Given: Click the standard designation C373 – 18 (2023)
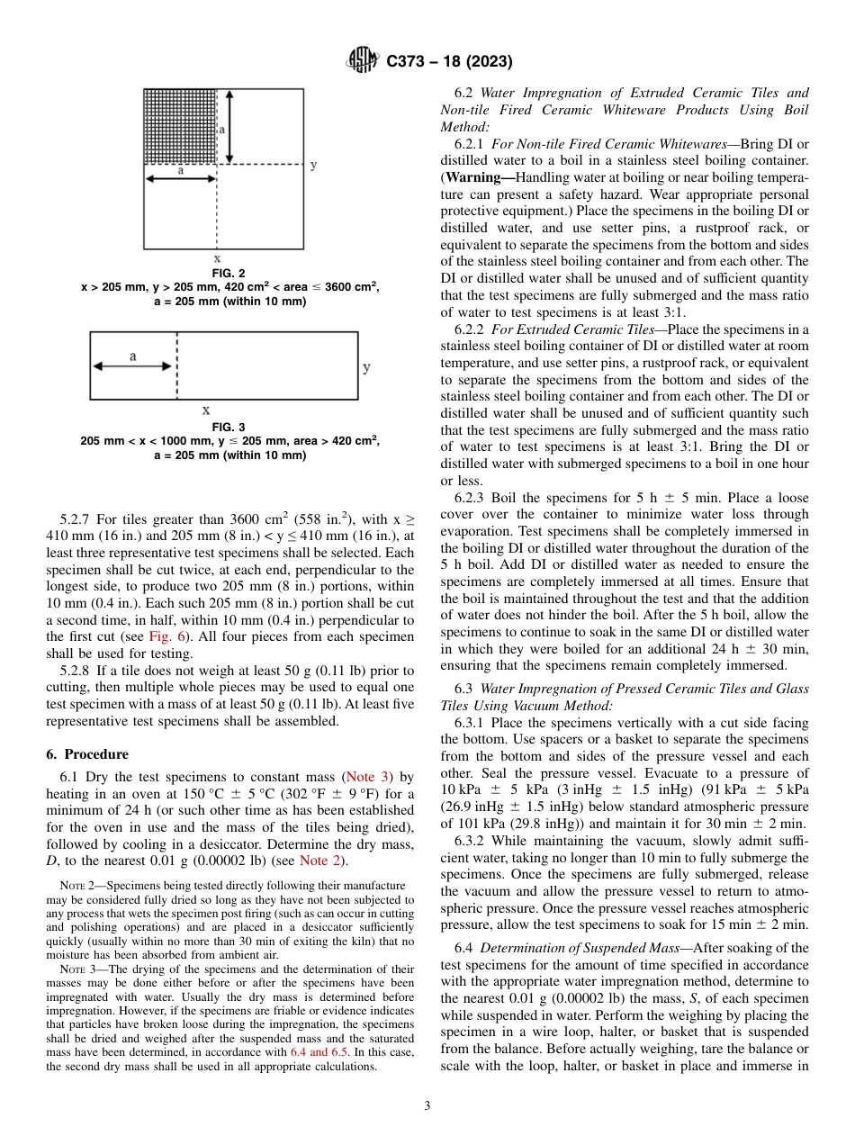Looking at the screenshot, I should (x=449, y=62).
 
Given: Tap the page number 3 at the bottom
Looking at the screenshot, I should (x=427, y=1106).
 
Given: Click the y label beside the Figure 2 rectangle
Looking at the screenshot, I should (x=313, y=165).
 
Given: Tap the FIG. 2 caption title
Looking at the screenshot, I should (x=229, y=273).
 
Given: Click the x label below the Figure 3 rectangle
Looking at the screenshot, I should (x=206, y=410).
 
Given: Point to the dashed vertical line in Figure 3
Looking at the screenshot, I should (x=177, y=365).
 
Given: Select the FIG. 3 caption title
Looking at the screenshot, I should (x=229, y=427).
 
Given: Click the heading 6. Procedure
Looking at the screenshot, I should (x=86, y=754).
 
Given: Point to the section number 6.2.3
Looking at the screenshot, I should (x=472, y=498).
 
